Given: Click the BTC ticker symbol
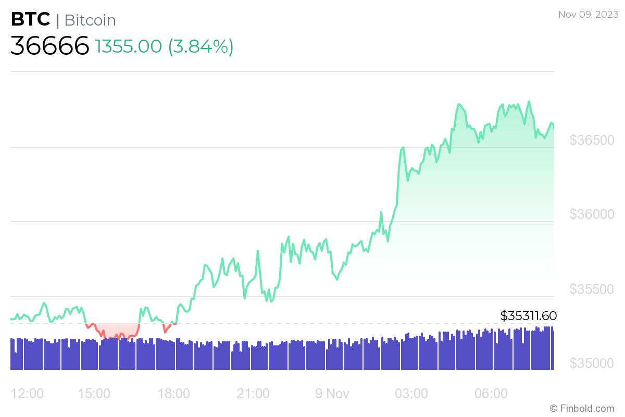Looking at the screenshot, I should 31,20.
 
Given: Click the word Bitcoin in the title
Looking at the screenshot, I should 90,20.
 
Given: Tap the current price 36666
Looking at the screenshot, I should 50,46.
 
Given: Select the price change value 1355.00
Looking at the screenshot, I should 129,47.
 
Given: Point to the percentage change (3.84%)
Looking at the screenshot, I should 201,47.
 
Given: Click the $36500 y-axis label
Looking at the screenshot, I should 592,141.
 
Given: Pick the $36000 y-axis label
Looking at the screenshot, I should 592,215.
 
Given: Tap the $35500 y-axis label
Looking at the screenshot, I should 592,289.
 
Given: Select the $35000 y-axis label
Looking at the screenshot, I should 592,363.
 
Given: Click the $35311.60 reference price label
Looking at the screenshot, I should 528,316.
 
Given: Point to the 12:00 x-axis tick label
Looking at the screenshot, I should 27,394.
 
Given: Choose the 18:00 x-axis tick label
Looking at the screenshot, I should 173,394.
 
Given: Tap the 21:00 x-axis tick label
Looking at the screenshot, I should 253,394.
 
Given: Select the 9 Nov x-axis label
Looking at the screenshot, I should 331,394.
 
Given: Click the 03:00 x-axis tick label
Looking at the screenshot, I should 411,394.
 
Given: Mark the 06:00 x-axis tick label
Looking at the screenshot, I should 491,394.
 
